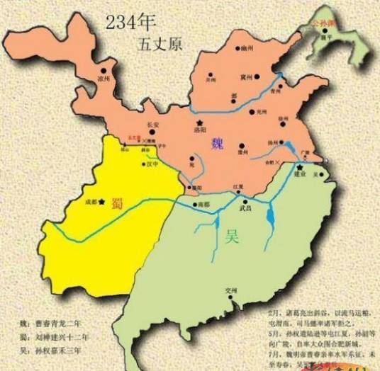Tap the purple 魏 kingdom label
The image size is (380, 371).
pos(217,144)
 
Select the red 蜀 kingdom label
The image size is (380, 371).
pos(117,203)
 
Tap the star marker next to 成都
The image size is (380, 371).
pos(103,202)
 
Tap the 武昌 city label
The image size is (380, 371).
pos(245,207)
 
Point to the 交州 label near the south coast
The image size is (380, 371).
pos(230,308)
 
